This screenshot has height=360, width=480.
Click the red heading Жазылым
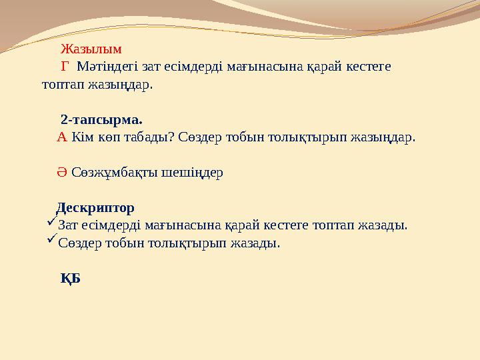point(91,49)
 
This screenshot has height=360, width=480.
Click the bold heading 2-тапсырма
point(101,121)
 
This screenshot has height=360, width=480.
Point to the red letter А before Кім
point(61,137)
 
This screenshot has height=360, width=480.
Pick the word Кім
point(83,137)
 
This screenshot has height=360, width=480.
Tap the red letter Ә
point(61,173)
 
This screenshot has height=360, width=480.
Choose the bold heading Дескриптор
point(95,207)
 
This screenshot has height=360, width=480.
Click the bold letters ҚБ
point(70,278)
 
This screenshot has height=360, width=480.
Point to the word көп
point(109,137)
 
